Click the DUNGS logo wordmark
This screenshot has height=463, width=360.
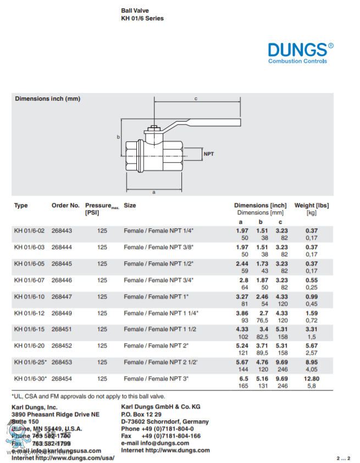click(x=297, y=49)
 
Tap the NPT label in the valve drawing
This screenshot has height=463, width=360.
click(x=209, y=154)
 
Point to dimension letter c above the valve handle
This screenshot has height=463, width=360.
click(x=196, y=98)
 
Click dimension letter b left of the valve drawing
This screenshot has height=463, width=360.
click(x=118, y=137)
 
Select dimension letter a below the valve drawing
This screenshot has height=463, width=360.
click(x=154, y=192)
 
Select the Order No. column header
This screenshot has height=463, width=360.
click(x=65, y=206)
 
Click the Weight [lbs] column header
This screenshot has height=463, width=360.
click(x=312, y=206)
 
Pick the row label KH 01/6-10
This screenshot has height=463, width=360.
click(x=29, y=296)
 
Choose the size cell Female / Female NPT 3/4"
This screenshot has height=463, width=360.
click(x=158, y=280)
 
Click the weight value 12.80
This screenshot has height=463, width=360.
click(x=311, y=379)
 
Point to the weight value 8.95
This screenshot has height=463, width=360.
click(x=311, y=362)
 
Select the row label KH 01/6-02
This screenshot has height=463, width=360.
click(x=29, y=230)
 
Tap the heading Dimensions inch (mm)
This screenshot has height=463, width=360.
click(x=48, y=99)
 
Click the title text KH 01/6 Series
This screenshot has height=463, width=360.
click(x=142, y=18)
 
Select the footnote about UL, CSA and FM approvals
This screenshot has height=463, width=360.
click(x=88, y=396)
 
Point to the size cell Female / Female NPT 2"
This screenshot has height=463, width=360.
click(x=156, y=346)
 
